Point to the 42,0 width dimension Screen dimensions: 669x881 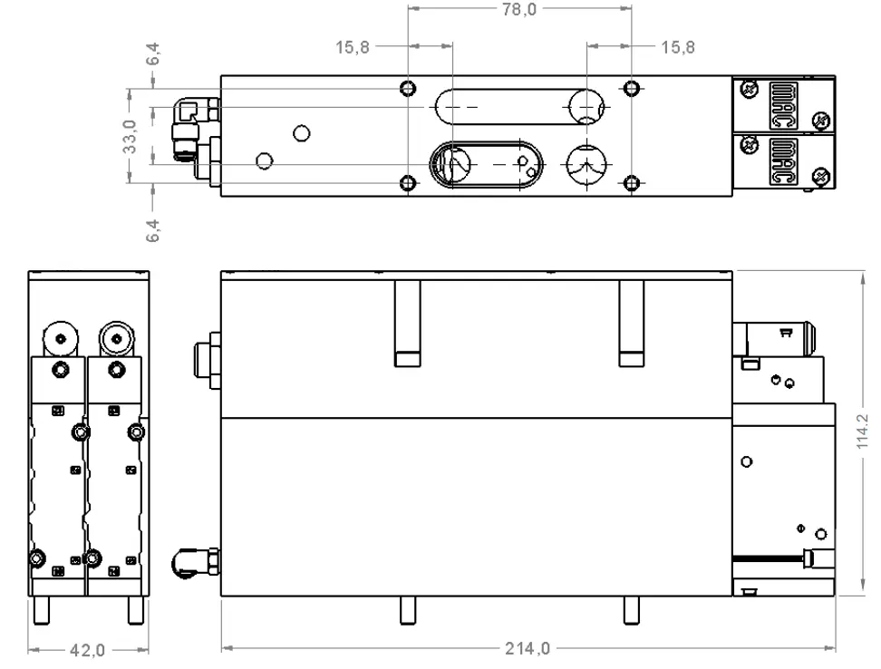88,650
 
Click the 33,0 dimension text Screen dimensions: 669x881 131,136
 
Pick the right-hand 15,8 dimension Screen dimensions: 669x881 677,48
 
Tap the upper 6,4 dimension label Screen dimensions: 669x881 156,54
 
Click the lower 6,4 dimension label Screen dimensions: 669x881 156,228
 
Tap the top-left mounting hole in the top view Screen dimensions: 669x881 408,88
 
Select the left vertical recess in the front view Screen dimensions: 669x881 407,323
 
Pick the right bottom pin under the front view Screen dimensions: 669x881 631,612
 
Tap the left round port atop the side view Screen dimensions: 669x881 60,339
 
